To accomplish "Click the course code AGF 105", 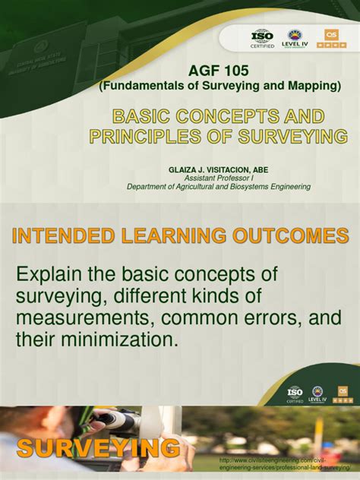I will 219,71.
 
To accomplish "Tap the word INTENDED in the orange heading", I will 57,235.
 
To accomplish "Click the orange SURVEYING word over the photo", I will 98,448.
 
